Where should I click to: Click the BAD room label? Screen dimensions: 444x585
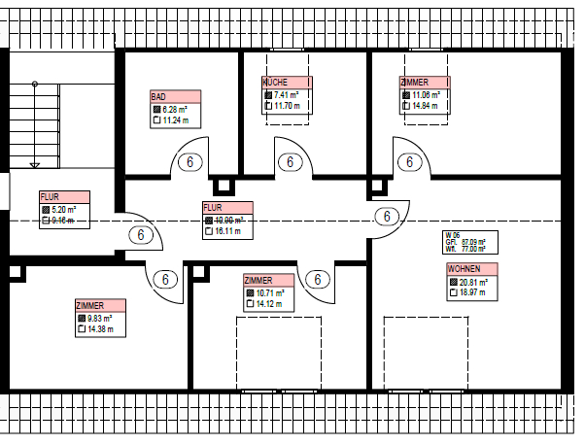click(158, 97)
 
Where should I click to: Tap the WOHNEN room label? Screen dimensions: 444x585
click(463, 268)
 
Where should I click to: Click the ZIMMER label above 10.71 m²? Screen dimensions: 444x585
click(258, 280)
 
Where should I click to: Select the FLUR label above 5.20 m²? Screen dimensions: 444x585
click(50, 197)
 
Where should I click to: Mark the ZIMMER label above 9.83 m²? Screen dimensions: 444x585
click(89, 306)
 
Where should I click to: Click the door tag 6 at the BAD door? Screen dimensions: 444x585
click(191, 162)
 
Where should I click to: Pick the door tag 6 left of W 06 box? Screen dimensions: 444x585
click(387, 216)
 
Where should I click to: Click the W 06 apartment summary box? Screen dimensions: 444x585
click(470, 242)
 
